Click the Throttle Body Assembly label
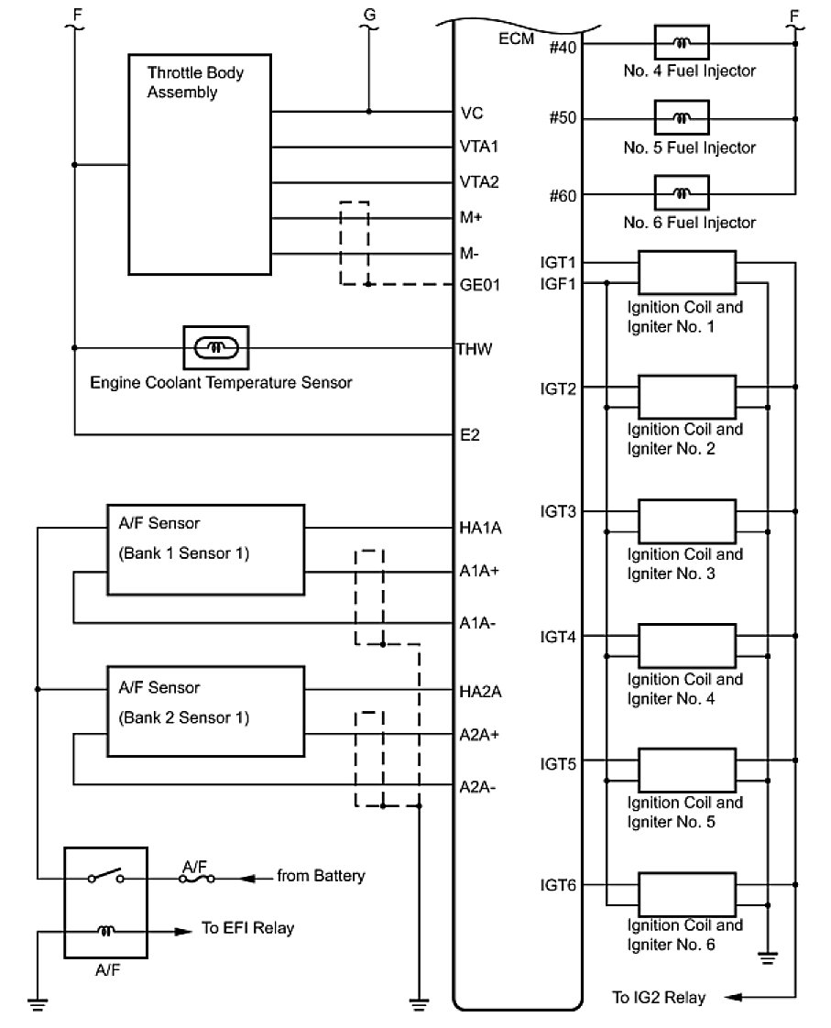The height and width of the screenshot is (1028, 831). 195,82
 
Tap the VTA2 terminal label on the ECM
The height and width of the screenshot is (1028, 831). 479,181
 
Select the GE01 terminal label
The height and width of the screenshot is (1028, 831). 480,285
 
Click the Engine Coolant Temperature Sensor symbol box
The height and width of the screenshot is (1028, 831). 216,347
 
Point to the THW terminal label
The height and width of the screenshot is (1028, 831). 474,349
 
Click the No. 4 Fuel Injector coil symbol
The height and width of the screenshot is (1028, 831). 682,43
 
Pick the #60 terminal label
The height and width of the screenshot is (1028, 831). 563,195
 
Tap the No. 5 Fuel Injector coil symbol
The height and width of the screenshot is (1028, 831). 682,118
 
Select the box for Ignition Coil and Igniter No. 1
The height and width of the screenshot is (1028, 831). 687,273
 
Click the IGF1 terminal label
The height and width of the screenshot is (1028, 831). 558,284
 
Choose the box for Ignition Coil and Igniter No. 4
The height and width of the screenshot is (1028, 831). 687,647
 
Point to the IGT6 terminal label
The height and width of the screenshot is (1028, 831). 558,885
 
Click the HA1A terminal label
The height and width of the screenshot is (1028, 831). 480,528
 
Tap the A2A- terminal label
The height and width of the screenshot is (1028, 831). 477,787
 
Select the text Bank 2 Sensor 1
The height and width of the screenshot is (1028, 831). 184,718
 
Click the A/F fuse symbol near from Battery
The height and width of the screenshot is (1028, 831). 197,877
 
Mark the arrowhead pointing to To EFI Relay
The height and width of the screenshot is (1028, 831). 183,931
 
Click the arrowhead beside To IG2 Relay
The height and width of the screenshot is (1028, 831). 733,997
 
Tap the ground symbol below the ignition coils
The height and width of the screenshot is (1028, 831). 768,957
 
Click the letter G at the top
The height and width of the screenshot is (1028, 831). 369,14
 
